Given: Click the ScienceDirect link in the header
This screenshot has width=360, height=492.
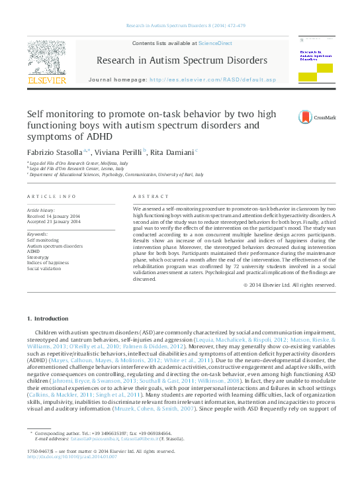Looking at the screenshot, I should click(216, 42).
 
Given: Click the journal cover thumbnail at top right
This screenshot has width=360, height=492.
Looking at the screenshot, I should click(315, 63).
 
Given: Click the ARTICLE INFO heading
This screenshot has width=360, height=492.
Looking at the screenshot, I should click(51, 197).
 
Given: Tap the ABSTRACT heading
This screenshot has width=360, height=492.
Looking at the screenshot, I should click(147, 197).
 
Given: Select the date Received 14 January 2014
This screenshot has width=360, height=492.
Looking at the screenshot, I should click(54, 216).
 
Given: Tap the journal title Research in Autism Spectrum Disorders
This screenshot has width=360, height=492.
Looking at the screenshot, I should click(182, 60).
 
